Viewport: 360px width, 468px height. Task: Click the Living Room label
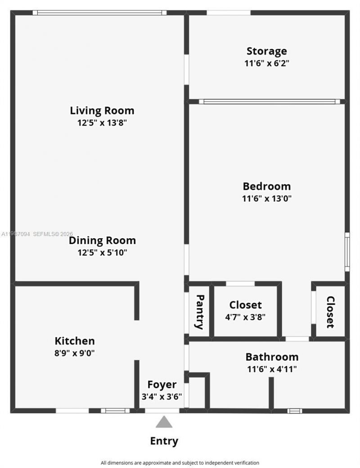pos(102,110)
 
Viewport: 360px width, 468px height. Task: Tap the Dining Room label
pos(102,241)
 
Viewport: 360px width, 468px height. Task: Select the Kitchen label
pos(75,341)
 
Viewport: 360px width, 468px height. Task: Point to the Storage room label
pos(266,51)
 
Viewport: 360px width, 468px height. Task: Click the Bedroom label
pos(266,186)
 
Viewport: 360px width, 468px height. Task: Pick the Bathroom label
pos(272,357)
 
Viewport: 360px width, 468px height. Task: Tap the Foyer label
pos(162,385)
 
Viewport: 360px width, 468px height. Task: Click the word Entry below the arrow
pos(164,441)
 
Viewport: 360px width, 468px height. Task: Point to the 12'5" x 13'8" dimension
pos(102,123)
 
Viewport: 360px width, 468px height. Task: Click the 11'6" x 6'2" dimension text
pos(266,64)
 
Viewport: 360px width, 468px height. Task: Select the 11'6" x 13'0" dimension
pos(267,198)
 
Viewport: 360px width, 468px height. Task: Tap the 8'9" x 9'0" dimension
pos(75,353)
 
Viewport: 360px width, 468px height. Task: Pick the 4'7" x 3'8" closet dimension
pos(245,317)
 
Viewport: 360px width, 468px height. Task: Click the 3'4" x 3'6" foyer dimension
pos(162,397)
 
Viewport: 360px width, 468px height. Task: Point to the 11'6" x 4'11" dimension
pos(272,369)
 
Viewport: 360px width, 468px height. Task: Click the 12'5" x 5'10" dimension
pos(102,253)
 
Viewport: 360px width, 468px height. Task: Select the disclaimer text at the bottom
pos(180,463)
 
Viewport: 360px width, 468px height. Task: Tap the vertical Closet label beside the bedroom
pos(330,312)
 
